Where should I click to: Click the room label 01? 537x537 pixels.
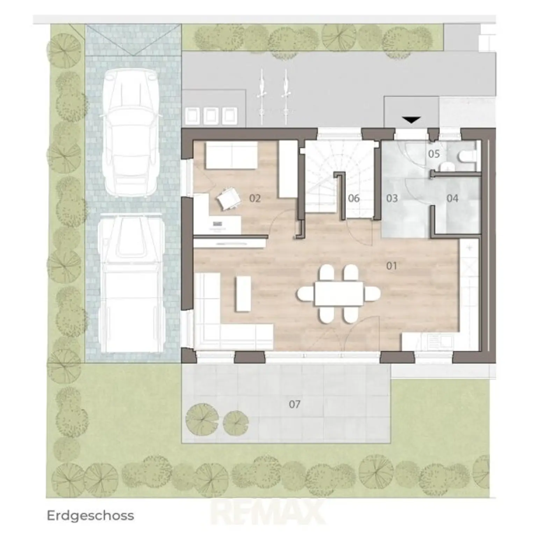392,266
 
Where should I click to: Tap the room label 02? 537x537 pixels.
255,199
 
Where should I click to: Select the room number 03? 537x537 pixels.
392,199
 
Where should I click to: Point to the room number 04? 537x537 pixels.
452,199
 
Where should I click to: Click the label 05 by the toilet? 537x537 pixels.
434,154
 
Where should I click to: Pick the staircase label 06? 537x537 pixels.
354,199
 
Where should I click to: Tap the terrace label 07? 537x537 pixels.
295,404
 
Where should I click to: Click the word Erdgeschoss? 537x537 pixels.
91,516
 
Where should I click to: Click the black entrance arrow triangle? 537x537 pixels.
411,120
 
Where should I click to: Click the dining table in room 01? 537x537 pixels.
339,294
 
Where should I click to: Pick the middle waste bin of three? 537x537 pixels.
210,115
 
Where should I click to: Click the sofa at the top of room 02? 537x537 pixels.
231,156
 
